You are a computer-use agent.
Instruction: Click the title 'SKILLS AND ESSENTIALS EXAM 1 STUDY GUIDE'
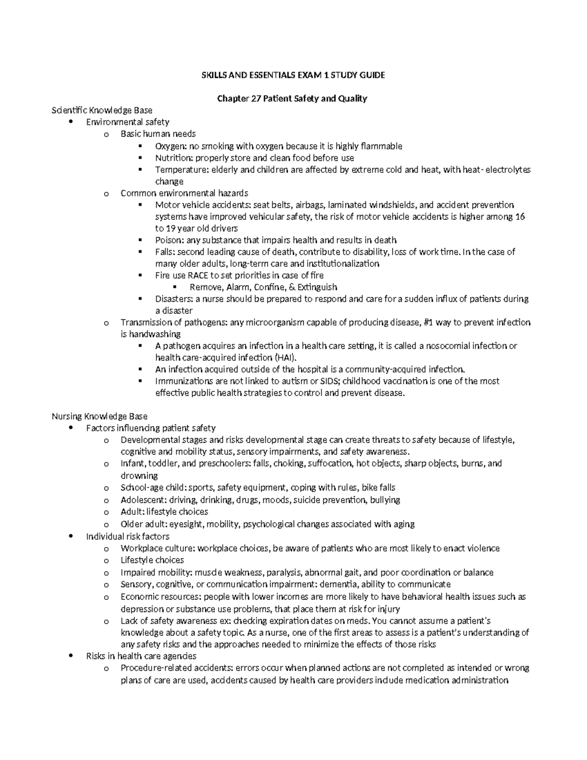[x=293, y=75]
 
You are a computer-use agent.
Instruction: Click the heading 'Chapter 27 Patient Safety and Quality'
[x=292, y=98]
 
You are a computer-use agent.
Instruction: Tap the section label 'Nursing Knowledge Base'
[x=99, y=416]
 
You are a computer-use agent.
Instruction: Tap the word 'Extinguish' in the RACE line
[x=317, y=287]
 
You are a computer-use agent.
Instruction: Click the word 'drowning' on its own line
[x=139, y=476]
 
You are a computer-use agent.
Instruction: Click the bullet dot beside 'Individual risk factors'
[x=72, y=536]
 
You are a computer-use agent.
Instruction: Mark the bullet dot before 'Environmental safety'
[x=72, y=122]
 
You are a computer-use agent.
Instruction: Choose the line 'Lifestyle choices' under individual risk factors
[x=152, y=560]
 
